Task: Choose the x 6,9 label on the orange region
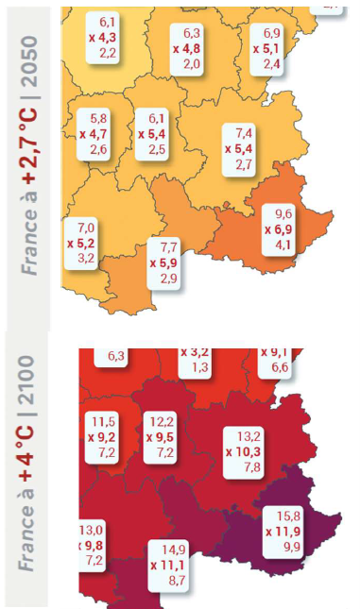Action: coord(283,229)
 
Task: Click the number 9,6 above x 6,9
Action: coord(283,214)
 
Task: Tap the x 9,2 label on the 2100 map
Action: coord(103,438)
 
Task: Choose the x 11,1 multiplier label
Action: coord(170,564)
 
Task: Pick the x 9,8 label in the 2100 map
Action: coord(93,545)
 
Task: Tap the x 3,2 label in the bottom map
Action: coord(195,353)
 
